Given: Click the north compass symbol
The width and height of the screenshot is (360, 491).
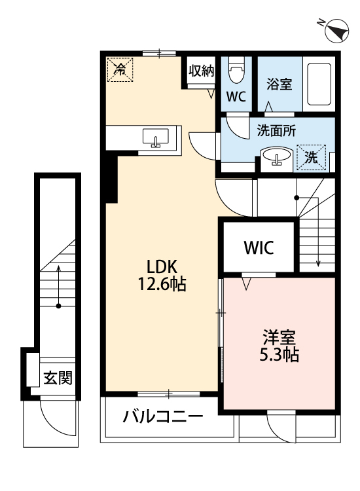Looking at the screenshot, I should point(336,29).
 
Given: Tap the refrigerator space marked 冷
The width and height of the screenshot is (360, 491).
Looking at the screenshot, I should point(120,68).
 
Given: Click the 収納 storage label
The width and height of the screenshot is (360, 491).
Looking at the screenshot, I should point(202,71).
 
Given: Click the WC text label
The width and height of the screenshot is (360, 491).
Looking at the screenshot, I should point(236,97).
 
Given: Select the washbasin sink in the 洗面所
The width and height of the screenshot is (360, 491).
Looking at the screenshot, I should point(278,157).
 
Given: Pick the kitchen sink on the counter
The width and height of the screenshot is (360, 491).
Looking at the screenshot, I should point(156,137).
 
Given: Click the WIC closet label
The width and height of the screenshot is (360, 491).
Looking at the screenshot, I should point(259,248).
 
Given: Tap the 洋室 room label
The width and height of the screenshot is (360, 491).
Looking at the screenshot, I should point(280,338).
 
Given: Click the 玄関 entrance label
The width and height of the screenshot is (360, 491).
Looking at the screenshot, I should point(57,378).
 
